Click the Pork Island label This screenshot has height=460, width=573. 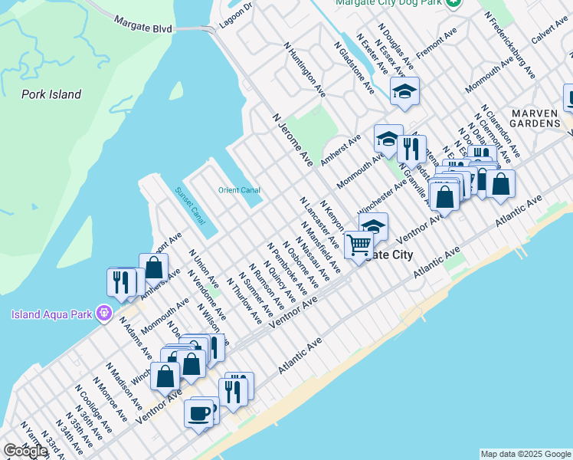tap(51, 94)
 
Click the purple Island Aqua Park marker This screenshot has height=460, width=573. tap(106, 313)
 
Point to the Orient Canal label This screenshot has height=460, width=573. tap(239, 190)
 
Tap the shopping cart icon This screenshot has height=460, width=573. tap(358, 245)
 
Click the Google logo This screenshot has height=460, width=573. tap(25, 451)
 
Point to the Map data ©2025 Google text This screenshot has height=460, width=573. tap(525, 454)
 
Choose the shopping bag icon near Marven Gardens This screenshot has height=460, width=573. tap(500, 184)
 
